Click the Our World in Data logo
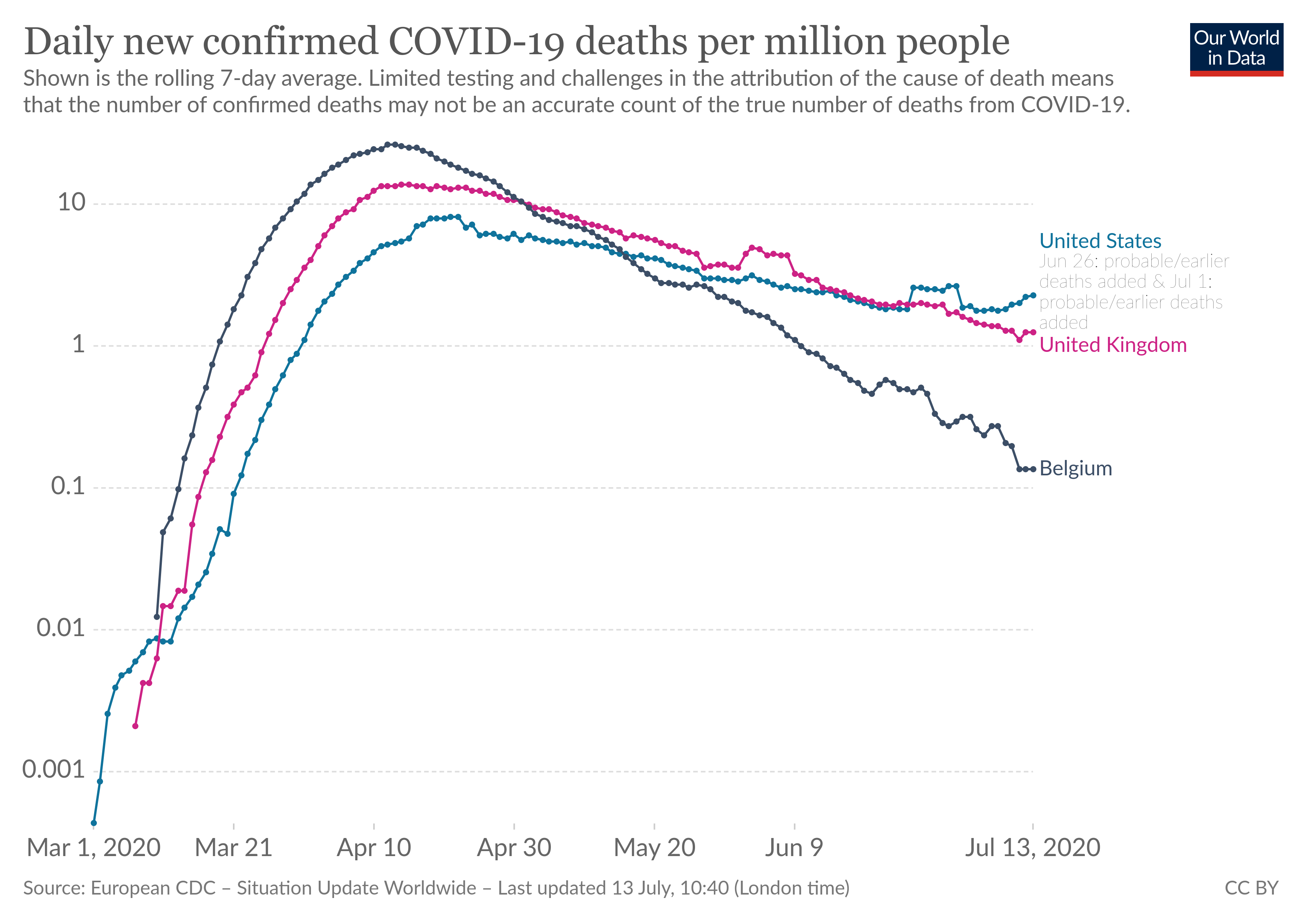pos(1236,49)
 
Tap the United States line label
pos(1100,241)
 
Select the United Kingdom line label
pos(1112,345)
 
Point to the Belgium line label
pos(1075,469)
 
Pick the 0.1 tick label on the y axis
pos(68,486)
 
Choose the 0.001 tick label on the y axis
pos(53,770)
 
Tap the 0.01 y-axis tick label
pos(60,628)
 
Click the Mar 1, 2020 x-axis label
pos(93,848)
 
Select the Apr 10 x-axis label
pos(374,848)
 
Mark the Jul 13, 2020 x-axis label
pos(1032,848)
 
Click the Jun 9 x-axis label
pos(794,848)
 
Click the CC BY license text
pos(1251,888)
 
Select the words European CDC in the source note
pos(153,888)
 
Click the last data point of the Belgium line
pos(1033,469)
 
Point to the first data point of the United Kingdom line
pos(135,726)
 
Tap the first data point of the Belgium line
pos(156,616)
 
